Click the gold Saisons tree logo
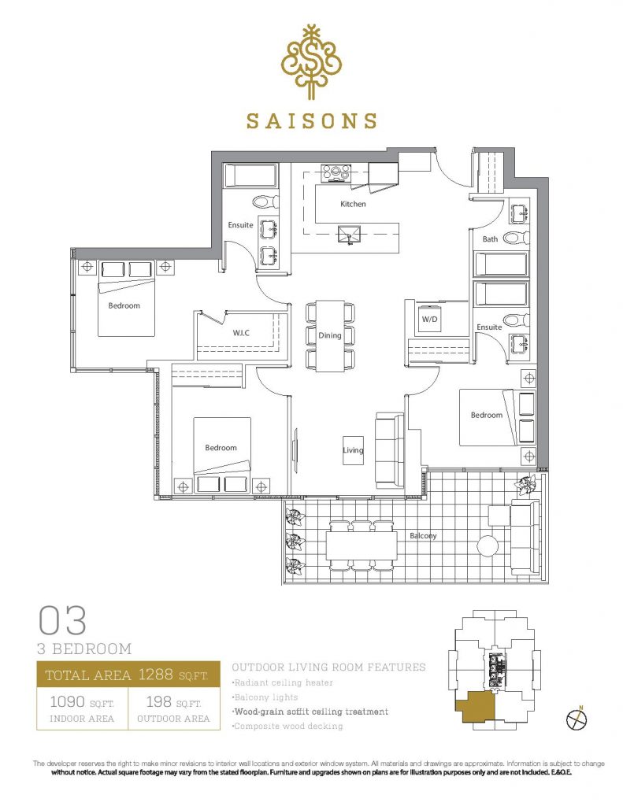point(311,61)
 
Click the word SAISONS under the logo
point(311,120)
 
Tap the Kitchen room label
point(353,204)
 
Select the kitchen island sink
point(349,235)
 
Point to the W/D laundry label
point(429,320)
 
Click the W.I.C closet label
point(241,333)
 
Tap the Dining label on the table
point(330,335)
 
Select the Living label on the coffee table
point(353,450)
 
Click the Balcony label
point(423,535)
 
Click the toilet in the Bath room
point(515,238)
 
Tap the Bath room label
point(490,239)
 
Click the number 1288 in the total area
point(155,674)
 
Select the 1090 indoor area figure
point(68,701)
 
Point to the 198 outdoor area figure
point(158,701)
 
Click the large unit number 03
point(62,620)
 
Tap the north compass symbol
point(577,719)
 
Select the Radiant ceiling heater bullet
point(283,682)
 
